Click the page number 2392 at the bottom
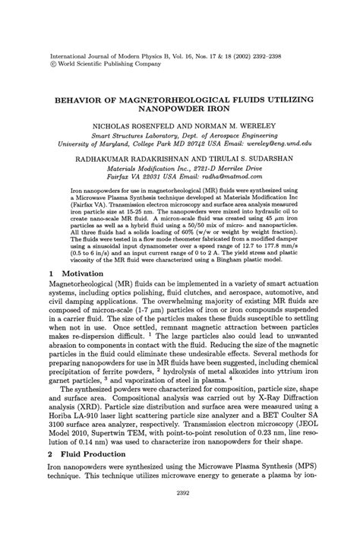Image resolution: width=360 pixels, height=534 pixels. point(179,513)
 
